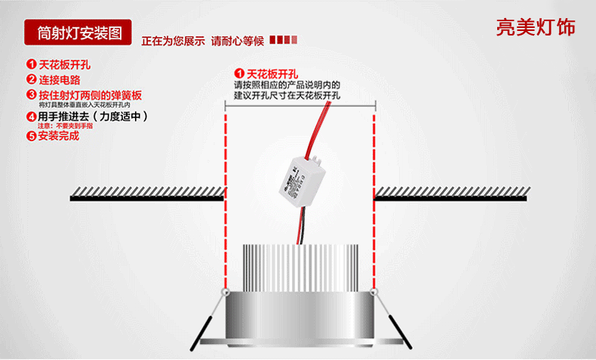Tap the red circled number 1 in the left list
pos(32,65)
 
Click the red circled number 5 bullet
pos(32,137)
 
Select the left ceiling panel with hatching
pos(147,193)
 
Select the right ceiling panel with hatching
pos(450,193)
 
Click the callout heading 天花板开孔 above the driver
pos(272,74)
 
